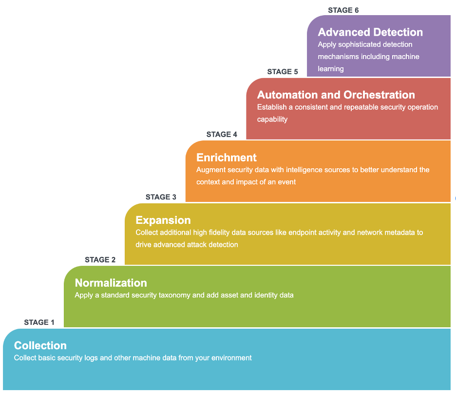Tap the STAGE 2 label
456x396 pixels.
pyautogui.click(x=100, y=260)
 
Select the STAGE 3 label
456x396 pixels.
pyautogui.click(x=161, y=197)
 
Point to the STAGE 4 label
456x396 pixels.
pyautogui.click(x=222, y=135)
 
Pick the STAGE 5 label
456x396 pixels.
pyautogui.click(x=283, y=72)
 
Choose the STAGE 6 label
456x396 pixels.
pyautogui.click(x=343, y=10)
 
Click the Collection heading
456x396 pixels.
pyautogui.click(x=40, y=346)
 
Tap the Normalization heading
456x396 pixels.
pyautogui.click(x=111, y=283)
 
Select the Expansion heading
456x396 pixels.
pyautogui.click(x=163, y=220)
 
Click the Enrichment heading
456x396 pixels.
pyautogui.click(x=226, y=158)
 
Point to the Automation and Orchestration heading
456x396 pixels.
pyautogui.click(x=336, y=95)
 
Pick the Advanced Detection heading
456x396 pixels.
pyautogui.click(x=370, y=33)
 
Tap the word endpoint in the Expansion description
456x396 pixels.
pyautogui.click(x=303, y=233)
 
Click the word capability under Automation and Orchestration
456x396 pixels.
pyautogui.click(x=272, y=119)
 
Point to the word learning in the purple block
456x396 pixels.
pyautogui.click(x=331, y=69)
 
